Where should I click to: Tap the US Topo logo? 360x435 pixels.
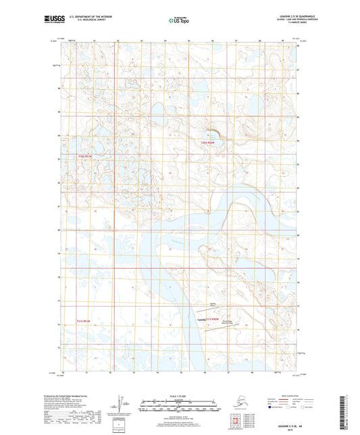pos(178,21)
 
